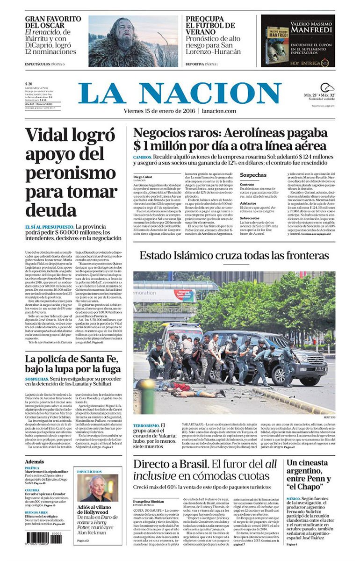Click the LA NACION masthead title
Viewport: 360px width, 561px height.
point(180,93)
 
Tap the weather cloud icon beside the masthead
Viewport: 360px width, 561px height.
point(327,87)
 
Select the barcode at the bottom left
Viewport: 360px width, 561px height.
point(43,538)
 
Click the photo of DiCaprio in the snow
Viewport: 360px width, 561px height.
point(133,41)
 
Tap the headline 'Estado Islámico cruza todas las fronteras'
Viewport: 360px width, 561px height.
point(234,256)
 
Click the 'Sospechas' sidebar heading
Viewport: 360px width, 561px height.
point(253,175)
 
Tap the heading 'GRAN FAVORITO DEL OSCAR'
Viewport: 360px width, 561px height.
point(53,22)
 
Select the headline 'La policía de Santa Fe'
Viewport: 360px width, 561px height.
point(73,364)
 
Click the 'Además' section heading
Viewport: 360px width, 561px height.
point(35,462)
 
